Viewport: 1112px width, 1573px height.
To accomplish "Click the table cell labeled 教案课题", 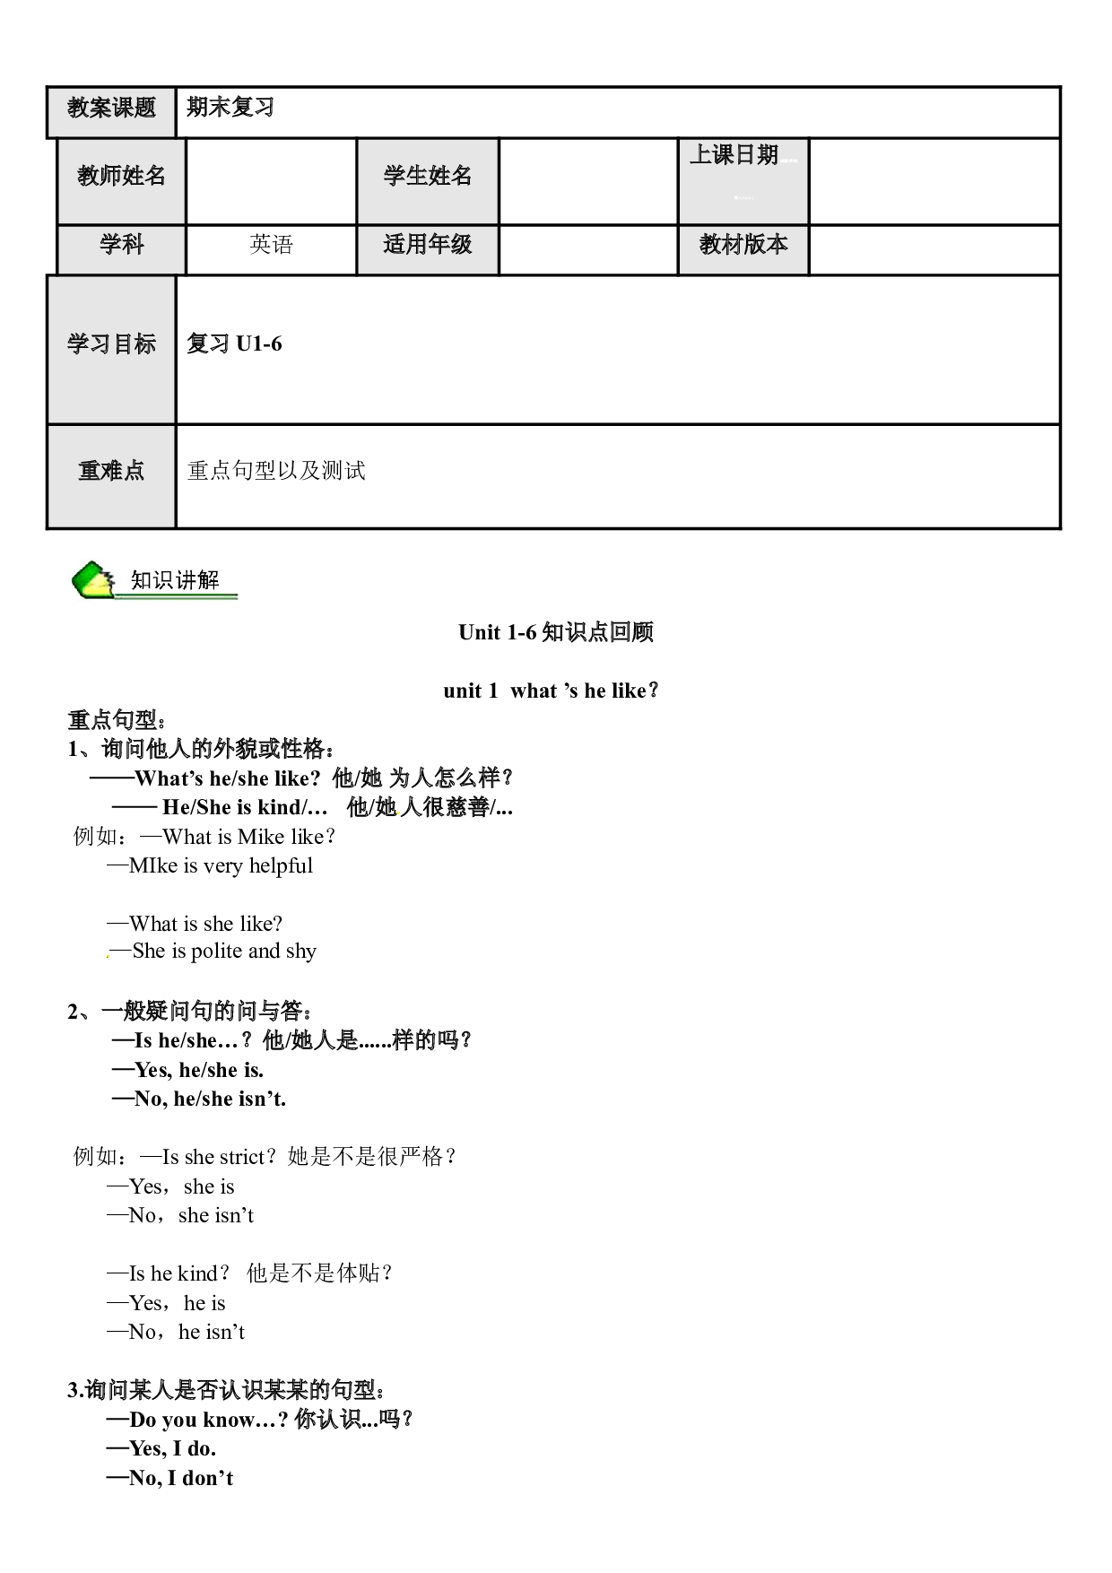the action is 111,112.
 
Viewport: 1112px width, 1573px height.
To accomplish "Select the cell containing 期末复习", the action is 618,112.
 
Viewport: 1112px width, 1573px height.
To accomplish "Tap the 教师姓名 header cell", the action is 121,180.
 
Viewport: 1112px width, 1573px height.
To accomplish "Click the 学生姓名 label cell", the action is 428,180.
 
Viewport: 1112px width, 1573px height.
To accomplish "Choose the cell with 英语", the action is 271,249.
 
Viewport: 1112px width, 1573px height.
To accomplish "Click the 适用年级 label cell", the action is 428,249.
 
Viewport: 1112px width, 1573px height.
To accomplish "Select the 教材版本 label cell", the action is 743,249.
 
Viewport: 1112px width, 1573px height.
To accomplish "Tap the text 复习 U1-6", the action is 234,344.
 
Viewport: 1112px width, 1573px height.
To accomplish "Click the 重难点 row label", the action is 111,476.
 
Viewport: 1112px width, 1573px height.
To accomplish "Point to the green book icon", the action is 93,580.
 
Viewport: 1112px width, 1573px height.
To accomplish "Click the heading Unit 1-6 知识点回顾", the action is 556,632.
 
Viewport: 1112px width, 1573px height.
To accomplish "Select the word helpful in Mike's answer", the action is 281,866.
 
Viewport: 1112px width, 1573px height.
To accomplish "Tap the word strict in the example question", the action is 241,1157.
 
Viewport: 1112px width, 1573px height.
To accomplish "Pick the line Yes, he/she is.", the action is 187,1070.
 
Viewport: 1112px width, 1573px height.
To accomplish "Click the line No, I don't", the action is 169,1478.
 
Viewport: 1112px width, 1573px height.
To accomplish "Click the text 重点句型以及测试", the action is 276,471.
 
